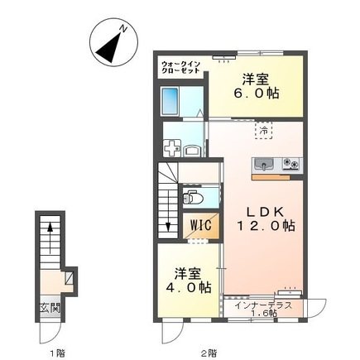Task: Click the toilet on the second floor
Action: (191, 199)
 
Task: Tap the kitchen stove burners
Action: (291, 162)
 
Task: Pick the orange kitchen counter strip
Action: (270, 175)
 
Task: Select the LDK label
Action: (264, 212)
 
